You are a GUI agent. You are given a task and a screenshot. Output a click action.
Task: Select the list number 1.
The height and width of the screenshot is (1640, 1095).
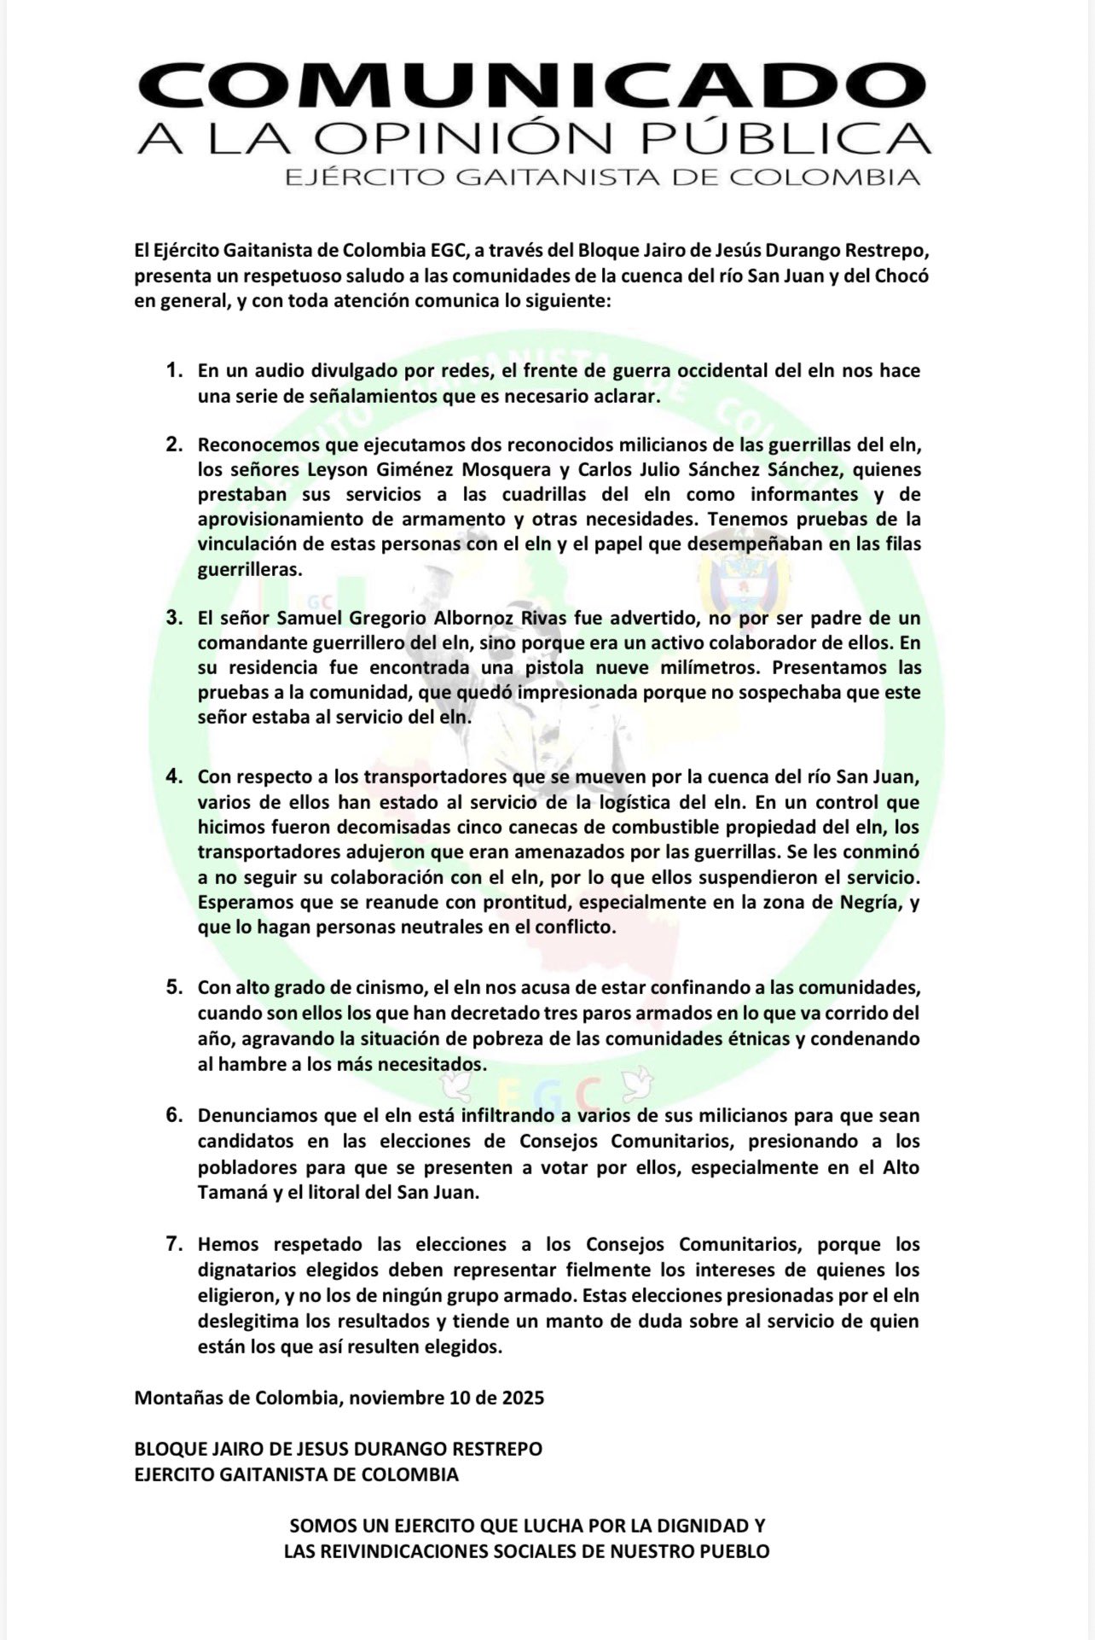click(175, 371)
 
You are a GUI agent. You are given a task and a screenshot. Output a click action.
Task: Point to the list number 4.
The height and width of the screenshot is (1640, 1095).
click(175, 777)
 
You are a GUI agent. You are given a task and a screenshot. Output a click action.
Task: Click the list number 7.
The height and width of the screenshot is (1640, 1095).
click(175, 1245)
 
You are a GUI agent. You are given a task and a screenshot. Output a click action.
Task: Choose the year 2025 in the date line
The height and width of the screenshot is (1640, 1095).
click(522, 1399)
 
